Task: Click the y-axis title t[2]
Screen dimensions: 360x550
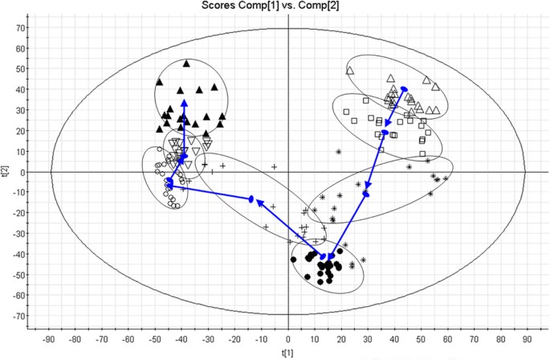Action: pos(6,171)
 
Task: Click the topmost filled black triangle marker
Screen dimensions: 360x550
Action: pos(187,63)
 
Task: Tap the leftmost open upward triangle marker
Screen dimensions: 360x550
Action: pos(350,71)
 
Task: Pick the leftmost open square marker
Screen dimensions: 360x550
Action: pos(346,112)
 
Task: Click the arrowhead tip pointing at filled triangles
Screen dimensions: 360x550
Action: pos(184,100)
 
